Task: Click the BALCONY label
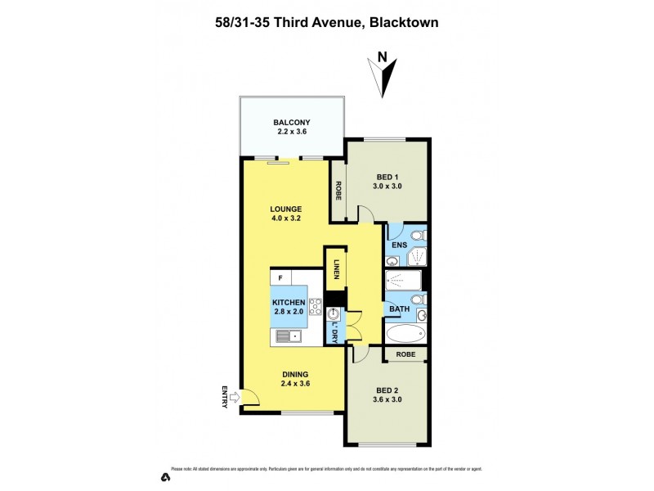click(x=292, y=124)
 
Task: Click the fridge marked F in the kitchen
click(x=280, y=278)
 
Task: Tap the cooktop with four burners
click(x=315, y=307)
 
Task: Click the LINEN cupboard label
click(x=334, y=268)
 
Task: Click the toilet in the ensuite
click(x=417, y=236)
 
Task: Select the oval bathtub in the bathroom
click(x=405, y=334)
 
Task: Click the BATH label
click(x=399, y=309)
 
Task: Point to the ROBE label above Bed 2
click(x=405, y=354)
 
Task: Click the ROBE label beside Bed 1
click(x=337, y=190)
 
